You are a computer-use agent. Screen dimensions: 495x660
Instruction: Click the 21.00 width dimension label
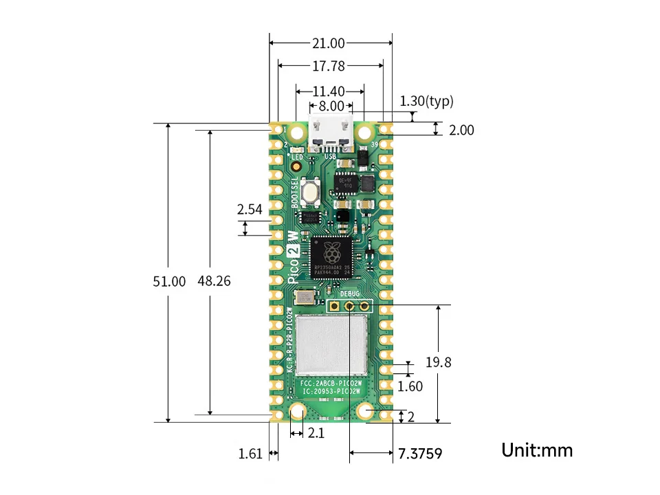pos(328,43)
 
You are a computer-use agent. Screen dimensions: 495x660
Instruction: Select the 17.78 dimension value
pos(328,66)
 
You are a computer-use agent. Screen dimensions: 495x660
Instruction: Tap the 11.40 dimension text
pos(329,91)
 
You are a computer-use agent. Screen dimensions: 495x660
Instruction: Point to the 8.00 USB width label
pos(331,106)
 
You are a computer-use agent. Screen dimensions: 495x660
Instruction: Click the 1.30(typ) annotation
pos(427,102)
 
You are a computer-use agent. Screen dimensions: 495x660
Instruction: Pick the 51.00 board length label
pos(169,281)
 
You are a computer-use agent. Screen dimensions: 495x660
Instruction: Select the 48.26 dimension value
pos(214,281)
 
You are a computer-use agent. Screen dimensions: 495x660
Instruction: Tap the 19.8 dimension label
pos(438,362)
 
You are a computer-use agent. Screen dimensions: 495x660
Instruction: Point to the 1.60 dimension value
pos(410,386)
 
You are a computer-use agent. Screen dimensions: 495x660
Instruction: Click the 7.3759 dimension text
pos(419,454)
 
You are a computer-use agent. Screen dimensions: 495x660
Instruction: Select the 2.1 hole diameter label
pos(316,433)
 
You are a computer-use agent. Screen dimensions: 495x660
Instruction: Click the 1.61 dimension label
pos(250,454)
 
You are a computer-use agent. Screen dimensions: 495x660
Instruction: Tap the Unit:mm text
pos(537,450)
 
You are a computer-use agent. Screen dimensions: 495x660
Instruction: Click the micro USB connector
pos(331,134)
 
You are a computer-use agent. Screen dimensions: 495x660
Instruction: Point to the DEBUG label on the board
pos(350,294)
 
